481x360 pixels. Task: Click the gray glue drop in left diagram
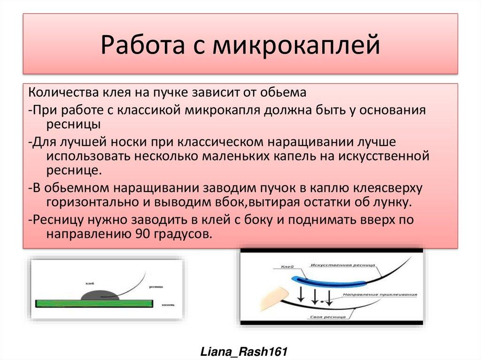[99, 295]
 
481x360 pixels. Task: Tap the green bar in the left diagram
[94, 304]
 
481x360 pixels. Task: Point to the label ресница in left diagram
[155, 286]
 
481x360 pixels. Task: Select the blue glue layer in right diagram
[329, 280]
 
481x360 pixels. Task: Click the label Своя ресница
[328, 317]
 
